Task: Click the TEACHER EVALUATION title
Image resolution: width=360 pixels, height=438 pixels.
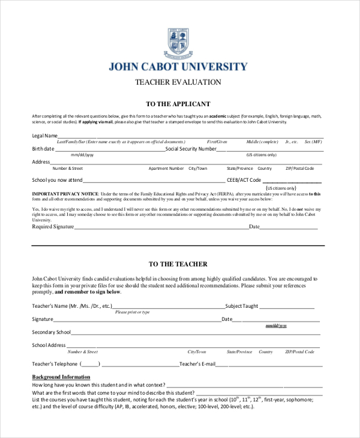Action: pyautogui.click(x=178, y=82)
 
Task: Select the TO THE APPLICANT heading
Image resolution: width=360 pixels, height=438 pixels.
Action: pyautogui.click(x=178, y=104)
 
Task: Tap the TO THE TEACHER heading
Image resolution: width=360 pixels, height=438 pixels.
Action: pyautogui.click(x=178, y=264)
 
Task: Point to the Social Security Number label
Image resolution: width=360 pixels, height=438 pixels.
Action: pyautogui.click(x=191, y=149)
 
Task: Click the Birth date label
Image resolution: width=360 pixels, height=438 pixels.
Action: pyautogui.click(x=43, y=149)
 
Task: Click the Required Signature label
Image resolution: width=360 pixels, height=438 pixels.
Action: pyautogui.click(x=53, y=227)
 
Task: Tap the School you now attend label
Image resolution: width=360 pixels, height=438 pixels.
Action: pyautogui.click(x=57, y=180)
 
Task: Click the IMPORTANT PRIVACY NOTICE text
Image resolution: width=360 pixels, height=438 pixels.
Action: pyautogui.click(x=65, y=194)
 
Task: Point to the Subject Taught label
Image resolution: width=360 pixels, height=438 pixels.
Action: pyautogui.click(x=242, y=306)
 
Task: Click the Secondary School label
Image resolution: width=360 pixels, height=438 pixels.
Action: pyautogui.click(x=52, y=332)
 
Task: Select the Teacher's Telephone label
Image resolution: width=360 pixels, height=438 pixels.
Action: pyautogui.click(x=55, y=364)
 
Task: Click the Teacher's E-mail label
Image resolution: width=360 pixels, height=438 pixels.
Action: pyautogui.click(x=197, y=364)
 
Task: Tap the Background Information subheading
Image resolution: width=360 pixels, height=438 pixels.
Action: pyautogui.click(x=61, y=377)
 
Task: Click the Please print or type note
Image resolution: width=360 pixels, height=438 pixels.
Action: pyautogui.click(x=132, y=313)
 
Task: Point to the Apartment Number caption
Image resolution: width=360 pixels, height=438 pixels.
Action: pyautogui.click(x=166, y=169)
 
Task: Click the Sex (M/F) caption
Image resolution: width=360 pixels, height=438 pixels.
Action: pyautogui.click(x=313, y=142)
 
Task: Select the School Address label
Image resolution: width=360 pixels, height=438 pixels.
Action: pyautogui.click(x=49, y=346)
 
